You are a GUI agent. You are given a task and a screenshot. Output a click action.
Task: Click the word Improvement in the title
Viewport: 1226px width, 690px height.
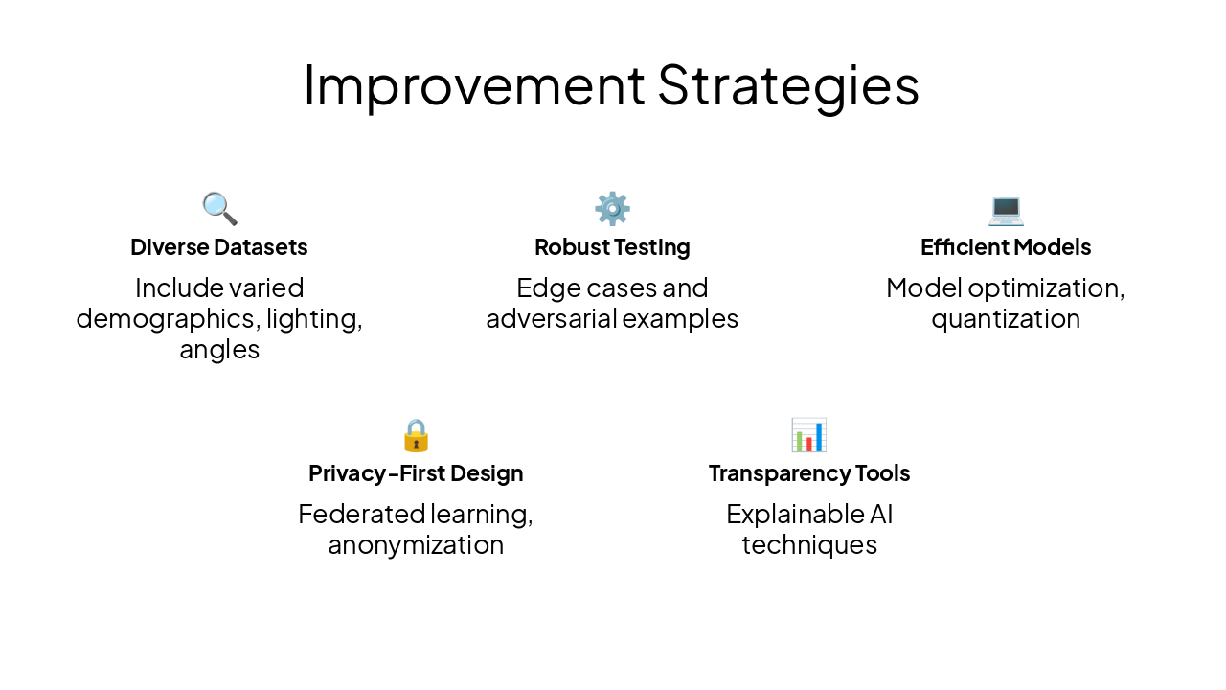pyautogui.click(x=474, y=84)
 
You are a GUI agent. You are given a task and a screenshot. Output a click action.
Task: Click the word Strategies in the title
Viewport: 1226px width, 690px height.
pyautogui.click(x=788, y=84)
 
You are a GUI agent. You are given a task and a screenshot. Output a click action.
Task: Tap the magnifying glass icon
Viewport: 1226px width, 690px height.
pyautogui.click(x=219, y=208)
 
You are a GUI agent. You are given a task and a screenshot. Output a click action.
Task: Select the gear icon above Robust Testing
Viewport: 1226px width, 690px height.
pyautogui.click(x=612, y=208)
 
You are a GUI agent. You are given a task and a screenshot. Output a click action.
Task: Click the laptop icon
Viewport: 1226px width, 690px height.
pyautogui.click(x=1006, y=208)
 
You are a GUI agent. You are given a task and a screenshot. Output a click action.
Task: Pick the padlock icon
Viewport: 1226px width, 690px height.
pyautogui.click(x=416, y=435)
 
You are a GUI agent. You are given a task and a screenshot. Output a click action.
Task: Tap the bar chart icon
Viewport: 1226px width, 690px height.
pyautogui.click(x=808, y=435)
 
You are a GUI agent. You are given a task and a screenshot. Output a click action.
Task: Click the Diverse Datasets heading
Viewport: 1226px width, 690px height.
pyautogui.click(x=219, y=247)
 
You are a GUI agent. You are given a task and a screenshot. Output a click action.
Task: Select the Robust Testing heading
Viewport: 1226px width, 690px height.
pyautogui.click(x=612, y=247)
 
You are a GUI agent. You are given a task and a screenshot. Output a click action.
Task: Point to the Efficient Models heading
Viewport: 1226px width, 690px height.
pyautogui.click(x=1006, y=247)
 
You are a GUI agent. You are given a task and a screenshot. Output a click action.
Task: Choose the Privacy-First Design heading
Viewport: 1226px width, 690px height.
pyautogui.click(x=416, y=473)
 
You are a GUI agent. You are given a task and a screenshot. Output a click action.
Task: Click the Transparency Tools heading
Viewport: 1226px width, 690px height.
pyautogui.click(x=809, y=473)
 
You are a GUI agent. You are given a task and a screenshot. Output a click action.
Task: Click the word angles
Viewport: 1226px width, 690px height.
pyautogui.click(x=219, y=350)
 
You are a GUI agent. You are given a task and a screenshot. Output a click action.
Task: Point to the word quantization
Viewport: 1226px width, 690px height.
pyautogui.click(x=1006, y=319)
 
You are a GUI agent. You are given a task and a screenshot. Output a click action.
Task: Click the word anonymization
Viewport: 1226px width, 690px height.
pyautogui.click(x=416, y=545)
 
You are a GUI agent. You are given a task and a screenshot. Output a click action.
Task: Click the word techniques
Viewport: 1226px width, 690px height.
pyautogui.click(x=809, y=545)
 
